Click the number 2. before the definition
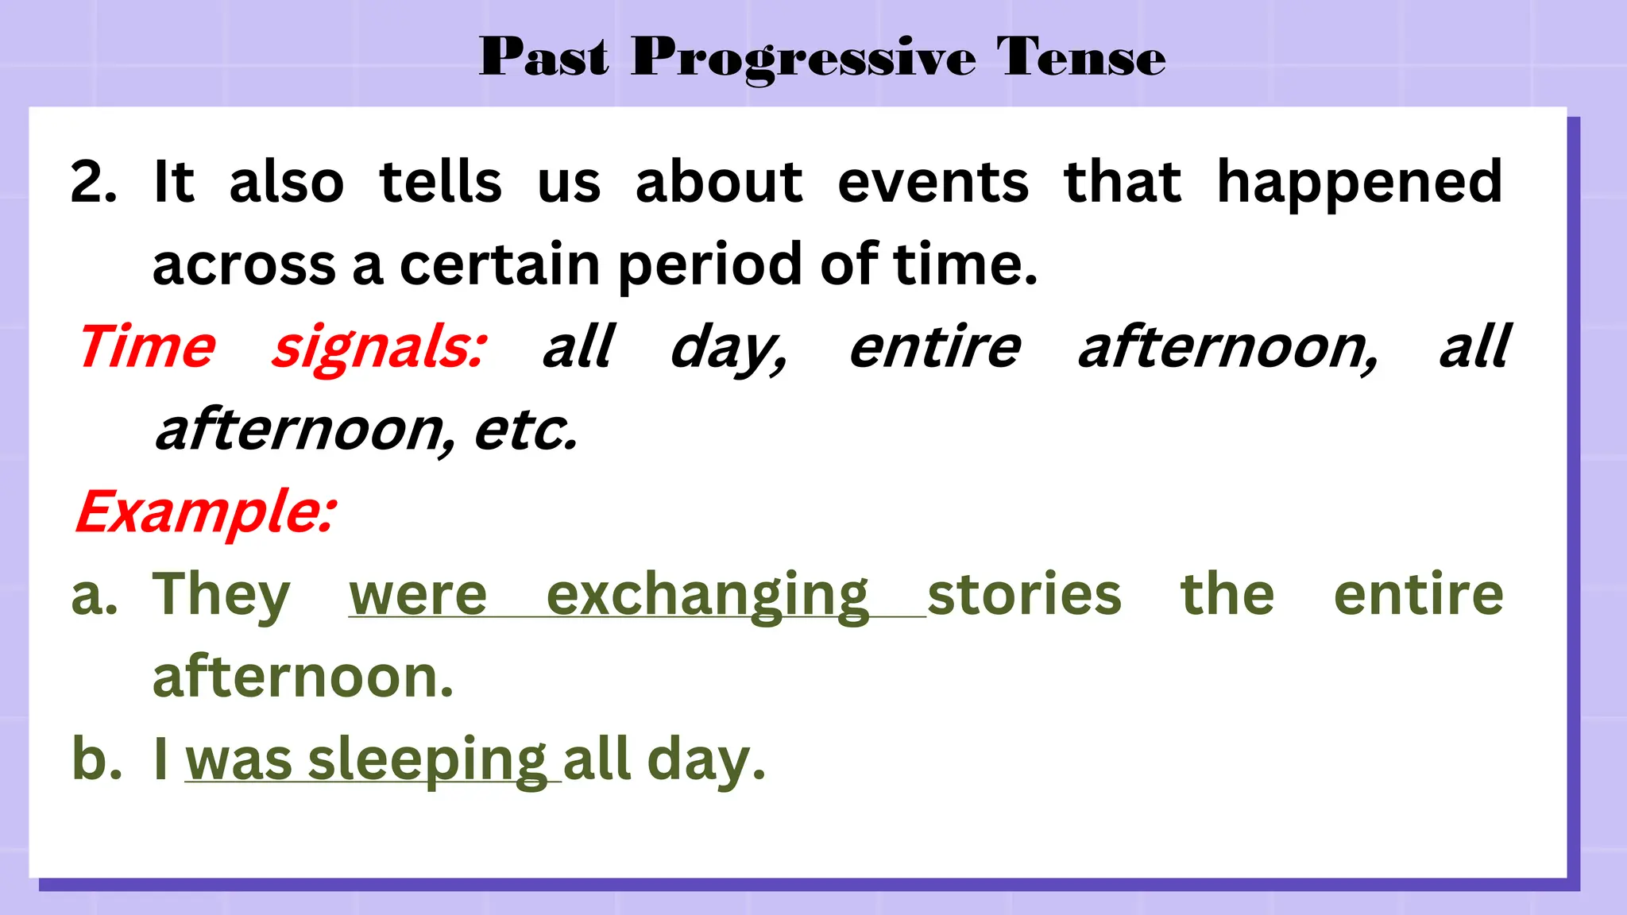(x=93, y=183)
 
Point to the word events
(x=933, y=183)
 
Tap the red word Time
(x=147, y=347)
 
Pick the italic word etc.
(x=525, y=430)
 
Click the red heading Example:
(x=206, y=512)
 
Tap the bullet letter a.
(x=94, y=596)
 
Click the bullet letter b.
(x=96, y=759)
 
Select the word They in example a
(x=221, y=596)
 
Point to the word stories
(x=1024, y=594)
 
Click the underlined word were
(x=418, y=596)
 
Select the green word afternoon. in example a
(x=303, y=678)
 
